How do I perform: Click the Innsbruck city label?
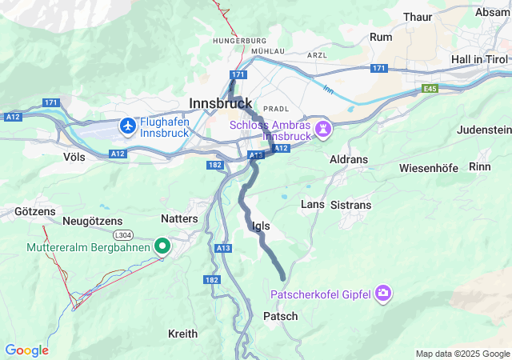(221, 103)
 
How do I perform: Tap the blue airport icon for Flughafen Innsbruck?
(128, 126)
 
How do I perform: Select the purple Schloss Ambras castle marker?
(323, 129)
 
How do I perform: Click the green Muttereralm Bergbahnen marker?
(162, 247)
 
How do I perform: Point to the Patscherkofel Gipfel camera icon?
(384, 294)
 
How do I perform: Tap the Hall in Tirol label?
(479, 60)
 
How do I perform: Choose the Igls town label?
(261, 226)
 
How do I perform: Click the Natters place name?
(179, 194)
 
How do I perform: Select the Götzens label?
(35, 212)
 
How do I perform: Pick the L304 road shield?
(123, 234)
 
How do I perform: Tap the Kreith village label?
(182, 333)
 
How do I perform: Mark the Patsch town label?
(281, 317)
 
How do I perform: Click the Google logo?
(26, 350)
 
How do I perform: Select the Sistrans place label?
(351, 205)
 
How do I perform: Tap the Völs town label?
(74, 158)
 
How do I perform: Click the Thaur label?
(395, 16)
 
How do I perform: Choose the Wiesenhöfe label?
(433, 169)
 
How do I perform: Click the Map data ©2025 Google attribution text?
(462, 354)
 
